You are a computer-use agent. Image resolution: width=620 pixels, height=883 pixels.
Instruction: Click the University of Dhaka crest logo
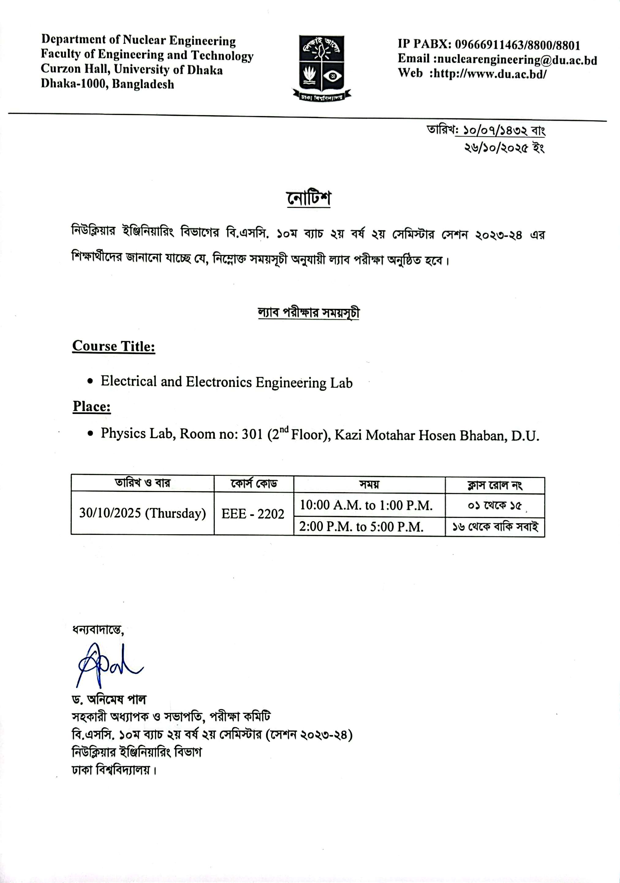coord(321,68)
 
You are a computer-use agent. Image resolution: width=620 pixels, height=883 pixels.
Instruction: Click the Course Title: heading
coord(114,346)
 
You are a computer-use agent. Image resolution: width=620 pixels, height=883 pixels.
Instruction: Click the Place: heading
coord(92,407)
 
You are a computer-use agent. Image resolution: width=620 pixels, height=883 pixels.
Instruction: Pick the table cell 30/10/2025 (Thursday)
coord(142,513)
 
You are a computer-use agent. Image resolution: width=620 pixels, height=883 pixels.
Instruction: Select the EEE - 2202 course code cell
coord(253,514)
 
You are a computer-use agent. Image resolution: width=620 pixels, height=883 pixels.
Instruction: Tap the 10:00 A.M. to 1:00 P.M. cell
coord(366,505)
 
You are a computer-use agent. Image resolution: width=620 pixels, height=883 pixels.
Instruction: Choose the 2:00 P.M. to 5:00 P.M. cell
coord(361,527)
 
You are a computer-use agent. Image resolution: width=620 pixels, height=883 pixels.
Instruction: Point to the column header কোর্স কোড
coord(254,483)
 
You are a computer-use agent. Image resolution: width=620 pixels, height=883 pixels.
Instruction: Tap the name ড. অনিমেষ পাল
coord(109,699)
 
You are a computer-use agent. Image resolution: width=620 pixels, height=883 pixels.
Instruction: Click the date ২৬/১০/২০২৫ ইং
coord(505,148)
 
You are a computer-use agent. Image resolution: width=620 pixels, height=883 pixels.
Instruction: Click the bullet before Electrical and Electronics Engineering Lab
coord(90,381)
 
